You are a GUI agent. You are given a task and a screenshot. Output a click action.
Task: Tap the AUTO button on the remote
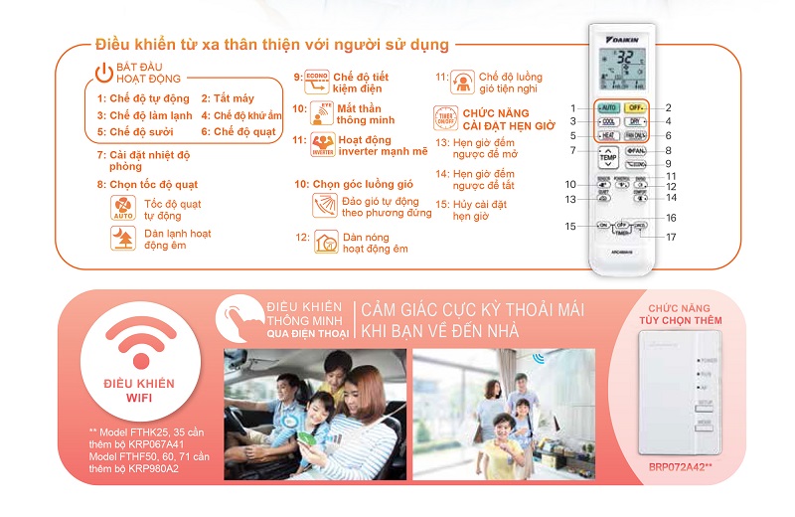pos(608,107)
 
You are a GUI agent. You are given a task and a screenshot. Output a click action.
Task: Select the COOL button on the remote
pos(608,121)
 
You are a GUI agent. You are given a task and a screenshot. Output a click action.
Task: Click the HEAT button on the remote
pos(608,135)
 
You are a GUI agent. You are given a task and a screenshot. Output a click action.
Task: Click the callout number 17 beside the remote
pos(672,237)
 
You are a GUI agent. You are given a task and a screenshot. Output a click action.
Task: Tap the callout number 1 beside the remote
pos(573,107)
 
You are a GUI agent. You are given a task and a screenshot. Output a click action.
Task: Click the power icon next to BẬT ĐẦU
pos(104,71)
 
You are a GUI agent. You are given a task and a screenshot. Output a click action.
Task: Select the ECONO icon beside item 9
pos(316,81)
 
